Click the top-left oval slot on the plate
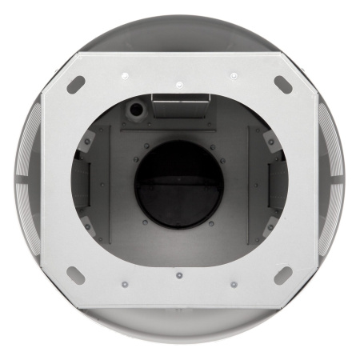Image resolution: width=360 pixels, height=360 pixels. point(77,82)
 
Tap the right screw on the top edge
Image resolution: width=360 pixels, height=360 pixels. point(233,75)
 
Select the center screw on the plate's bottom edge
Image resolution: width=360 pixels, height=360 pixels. point(178,276)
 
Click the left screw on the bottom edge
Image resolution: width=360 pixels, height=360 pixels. point(125,283)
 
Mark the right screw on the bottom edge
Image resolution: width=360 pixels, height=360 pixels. point(233,283)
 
